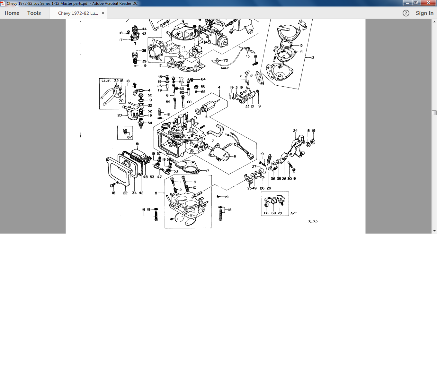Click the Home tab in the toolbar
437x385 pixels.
tap(12, 13)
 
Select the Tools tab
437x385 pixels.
tap(34, 13)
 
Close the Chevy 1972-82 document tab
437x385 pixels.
tap(103, 13)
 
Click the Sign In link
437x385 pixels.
tap(424, 13)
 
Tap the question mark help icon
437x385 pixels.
tap(406, 13)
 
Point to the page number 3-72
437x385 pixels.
tap(313, 222)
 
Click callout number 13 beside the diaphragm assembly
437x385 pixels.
tap(313, 57)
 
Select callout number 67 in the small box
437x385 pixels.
tap(129, 137)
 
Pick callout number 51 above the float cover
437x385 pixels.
tap(138, 144)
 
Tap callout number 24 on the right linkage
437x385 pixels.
tap(295, 131)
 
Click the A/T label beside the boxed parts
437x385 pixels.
tap(294, 213)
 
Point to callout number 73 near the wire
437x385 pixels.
tap(247, 56)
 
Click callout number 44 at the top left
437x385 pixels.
tap(144, 29)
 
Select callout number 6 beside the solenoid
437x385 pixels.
tap(235, 156)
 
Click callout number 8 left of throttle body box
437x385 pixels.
tap(156, 193)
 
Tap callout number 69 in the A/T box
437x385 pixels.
tap(273, 213)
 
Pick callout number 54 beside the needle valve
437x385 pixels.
tap(150, 123)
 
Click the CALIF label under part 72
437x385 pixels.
tap(225, 68)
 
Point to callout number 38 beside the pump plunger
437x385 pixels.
tap(144, 50)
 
